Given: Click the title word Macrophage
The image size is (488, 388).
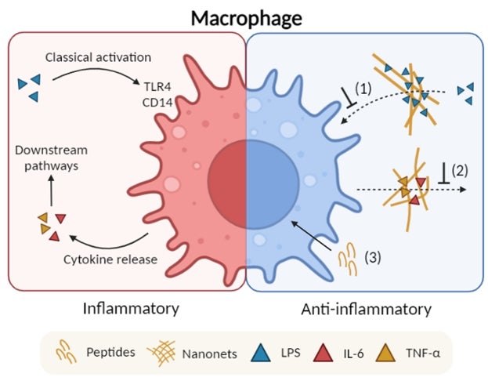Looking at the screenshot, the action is tap(246, 18).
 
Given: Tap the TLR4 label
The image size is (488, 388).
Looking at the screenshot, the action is tap(157, 87).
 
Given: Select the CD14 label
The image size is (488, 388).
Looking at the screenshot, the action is tap(157, 102).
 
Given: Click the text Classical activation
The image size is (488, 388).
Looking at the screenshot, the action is tap(98, 57).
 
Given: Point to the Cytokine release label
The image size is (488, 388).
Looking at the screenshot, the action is tap(110, 259).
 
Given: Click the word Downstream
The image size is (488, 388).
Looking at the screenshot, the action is tap(52, 150).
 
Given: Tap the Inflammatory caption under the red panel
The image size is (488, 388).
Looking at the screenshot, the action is tap(131, 309).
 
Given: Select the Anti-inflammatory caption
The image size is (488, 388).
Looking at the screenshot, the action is tap(367, 310).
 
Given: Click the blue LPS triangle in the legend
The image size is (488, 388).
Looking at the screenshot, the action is tap(261, 353).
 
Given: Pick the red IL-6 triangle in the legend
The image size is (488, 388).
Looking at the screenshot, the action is tap(323, 353).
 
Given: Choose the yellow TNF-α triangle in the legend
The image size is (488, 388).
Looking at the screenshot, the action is tap(385, 353).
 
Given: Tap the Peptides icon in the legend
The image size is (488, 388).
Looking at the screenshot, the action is tap(66, 352).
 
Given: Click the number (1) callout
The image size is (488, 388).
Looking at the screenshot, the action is tap(363, 89).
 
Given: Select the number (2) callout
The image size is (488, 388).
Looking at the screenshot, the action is tap(460, 170).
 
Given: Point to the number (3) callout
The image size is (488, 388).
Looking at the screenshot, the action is tap(373, 257).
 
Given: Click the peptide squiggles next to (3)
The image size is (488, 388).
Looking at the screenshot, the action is tap(348, 259).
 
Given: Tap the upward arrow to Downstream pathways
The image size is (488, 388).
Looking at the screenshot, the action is tap(52, 190).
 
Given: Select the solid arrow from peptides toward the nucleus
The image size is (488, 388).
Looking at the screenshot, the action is tap(311, 236).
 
